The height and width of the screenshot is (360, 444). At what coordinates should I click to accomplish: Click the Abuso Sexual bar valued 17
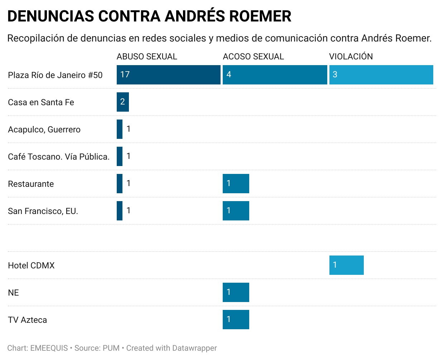(x=168, y=75)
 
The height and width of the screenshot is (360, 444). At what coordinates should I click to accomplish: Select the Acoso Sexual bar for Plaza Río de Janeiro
(x=275, y=75)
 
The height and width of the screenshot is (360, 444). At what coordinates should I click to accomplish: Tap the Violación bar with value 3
(x=381, y=75)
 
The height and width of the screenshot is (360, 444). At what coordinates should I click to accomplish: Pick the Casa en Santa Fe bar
(x=122, y=102)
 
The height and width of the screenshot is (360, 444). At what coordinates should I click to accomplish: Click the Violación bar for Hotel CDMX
(x=346, y=265)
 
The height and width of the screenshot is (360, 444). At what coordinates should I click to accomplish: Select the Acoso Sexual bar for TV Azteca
(x=236, y=320)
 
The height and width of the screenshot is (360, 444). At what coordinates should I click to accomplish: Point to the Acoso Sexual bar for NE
(x=236, y=292)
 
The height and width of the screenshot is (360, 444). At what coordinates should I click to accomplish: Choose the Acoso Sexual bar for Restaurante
(x=236, y=184)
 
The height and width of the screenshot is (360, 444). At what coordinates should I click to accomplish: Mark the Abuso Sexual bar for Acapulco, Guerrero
(x=120, y=129)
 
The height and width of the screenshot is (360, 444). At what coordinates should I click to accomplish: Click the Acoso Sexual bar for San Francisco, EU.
(x=236, y=211)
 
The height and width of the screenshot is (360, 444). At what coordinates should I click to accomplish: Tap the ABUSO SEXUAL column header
(x=147, y=57)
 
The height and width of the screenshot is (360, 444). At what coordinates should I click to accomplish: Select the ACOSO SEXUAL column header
(x=253, y=57)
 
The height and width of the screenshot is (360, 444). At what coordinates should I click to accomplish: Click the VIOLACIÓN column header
(x=351, y=57)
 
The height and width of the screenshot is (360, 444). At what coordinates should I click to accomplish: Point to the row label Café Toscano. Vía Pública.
(x=59, y=157)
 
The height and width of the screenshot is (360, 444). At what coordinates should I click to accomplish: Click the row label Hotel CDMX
(x=31, y=266)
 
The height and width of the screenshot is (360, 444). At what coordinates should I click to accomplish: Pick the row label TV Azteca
(x=27, y=320)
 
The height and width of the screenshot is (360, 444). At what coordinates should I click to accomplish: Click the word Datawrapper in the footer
(x=194, y=348)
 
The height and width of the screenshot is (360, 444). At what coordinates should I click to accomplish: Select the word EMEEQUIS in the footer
(x=49, y=348)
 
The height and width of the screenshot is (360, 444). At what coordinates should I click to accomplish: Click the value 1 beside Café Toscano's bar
(x=129, y=156)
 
